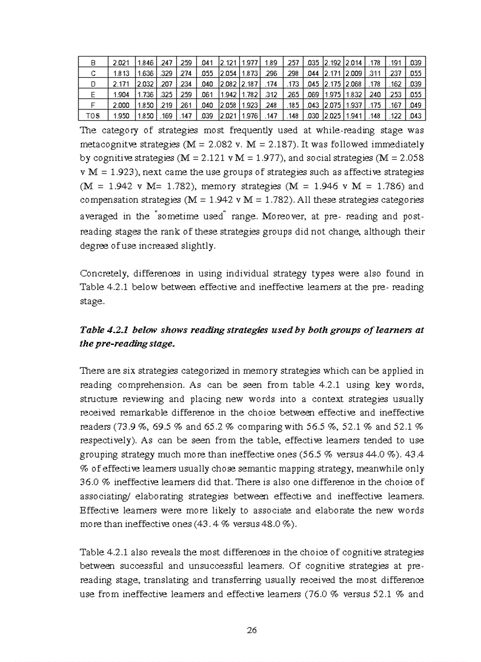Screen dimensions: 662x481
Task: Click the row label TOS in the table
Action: click(x=93, y=116)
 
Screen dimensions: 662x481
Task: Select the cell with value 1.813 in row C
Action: click(x=120, y=73)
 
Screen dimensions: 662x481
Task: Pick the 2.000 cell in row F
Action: click(x=120, y=105)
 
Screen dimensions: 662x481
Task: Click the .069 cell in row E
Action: click(x=313, y=94)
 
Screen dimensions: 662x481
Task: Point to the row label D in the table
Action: click(x=93, y=84)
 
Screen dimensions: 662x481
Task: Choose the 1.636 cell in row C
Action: click(x=146, y=73)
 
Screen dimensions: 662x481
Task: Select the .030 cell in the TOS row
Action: click(x=313, y=116)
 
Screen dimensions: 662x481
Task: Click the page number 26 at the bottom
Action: click(x=252, y=630)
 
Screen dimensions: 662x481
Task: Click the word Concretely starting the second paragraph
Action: click(x=103, y=274)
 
